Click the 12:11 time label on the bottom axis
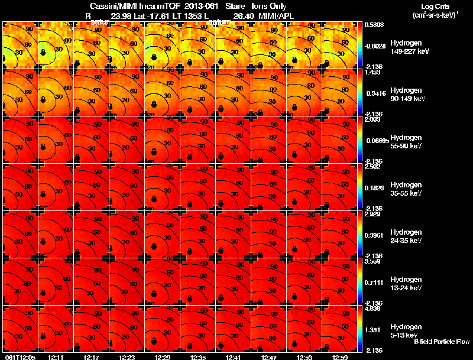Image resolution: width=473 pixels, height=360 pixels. tap(56, 357)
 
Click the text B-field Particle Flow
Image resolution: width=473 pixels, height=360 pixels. tap(441, 342)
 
